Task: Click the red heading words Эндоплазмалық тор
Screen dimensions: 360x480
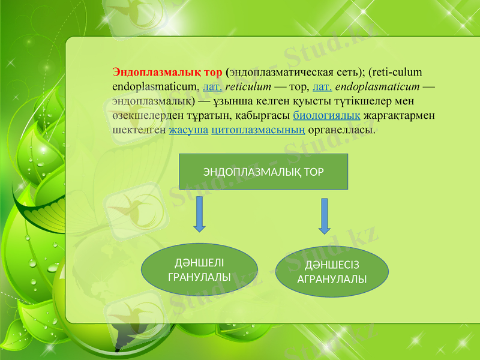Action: click(167, 73)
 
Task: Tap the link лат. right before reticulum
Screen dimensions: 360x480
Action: click(213, 87)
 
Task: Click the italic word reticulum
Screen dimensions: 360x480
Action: click(248, 87)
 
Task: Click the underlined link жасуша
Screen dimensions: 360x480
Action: click(189, 129)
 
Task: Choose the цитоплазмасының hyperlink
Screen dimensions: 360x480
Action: click(258, 129)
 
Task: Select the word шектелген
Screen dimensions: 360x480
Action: click(139, 129)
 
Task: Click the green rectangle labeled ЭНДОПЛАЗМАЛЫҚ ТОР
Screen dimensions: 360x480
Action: click(263, 171)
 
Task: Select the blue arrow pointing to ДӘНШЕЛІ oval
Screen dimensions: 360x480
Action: click(200, 214)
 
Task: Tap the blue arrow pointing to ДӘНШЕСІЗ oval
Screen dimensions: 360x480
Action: click(324, 216)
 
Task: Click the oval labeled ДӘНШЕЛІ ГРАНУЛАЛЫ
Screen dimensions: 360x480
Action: click(199, 269)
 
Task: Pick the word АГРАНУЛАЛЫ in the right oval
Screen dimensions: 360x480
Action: click(332, 280)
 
